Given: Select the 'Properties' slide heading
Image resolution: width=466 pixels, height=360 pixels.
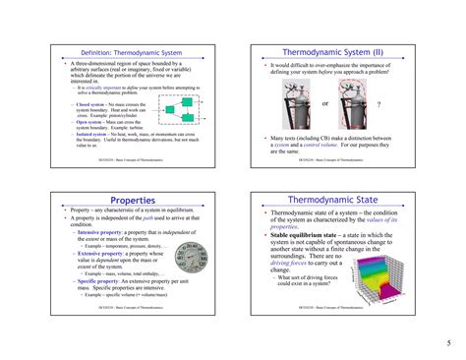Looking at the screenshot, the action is coord(130,201).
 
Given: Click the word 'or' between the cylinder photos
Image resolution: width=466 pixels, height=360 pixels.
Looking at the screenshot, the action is coord(325,103).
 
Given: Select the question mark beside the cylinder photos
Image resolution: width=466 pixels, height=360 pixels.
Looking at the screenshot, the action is coord(379,103).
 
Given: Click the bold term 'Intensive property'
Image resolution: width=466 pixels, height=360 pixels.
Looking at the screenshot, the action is coord(97,233).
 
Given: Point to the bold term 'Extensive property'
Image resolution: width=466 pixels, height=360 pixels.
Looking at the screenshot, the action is coord(97,253).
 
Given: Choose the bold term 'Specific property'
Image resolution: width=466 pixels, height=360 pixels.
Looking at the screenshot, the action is coord(95,281).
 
